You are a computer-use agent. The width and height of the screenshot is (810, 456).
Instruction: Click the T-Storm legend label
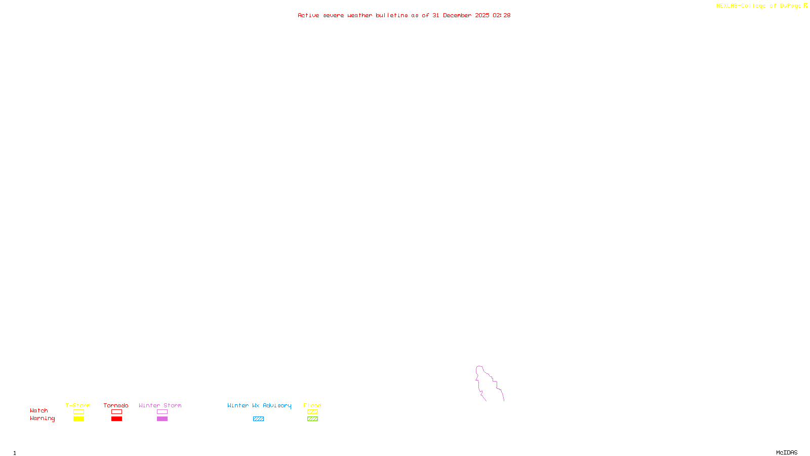click(x=78, y=405)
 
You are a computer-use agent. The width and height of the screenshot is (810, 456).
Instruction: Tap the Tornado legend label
click(x=116, y=405)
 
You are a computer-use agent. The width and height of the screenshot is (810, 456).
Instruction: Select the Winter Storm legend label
click(x=160, y=405)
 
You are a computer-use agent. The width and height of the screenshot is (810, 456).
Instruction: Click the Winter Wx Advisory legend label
click(x=259, y=405)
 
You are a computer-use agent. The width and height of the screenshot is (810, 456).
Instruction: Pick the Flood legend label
click(x=312, y=405)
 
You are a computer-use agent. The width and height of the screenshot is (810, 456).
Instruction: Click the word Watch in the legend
click(x=39, y=410)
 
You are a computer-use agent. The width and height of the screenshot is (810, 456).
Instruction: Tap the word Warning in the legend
click(x=43, y=419)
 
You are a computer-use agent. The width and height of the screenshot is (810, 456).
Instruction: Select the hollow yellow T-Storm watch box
click(x=78, y=412)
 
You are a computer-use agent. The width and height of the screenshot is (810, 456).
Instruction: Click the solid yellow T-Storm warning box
click(x=78, y=419)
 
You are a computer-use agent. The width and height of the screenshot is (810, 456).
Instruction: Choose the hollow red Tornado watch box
click(x=116, y=412)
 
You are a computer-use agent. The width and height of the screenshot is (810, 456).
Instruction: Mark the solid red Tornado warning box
click(x=116, y=419)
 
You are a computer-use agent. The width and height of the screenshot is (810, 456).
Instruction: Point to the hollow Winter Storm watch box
click(x=162, y=412)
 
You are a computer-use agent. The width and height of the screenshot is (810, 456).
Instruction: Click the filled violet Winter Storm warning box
click(x=162, y=419)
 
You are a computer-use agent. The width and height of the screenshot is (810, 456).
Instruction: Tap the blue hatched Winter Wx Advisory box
click(x=258, y=419)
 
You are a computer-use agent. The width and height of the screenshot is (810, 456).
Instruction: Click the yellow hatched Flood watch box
click(x=312, y=412)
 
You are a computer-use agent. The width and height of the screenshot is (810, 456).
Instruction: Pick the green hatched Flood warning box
click(x=312, y=419)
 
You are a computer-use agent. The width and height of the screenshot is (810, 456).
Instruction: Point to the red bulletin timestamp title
click(x=404, y=15)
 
